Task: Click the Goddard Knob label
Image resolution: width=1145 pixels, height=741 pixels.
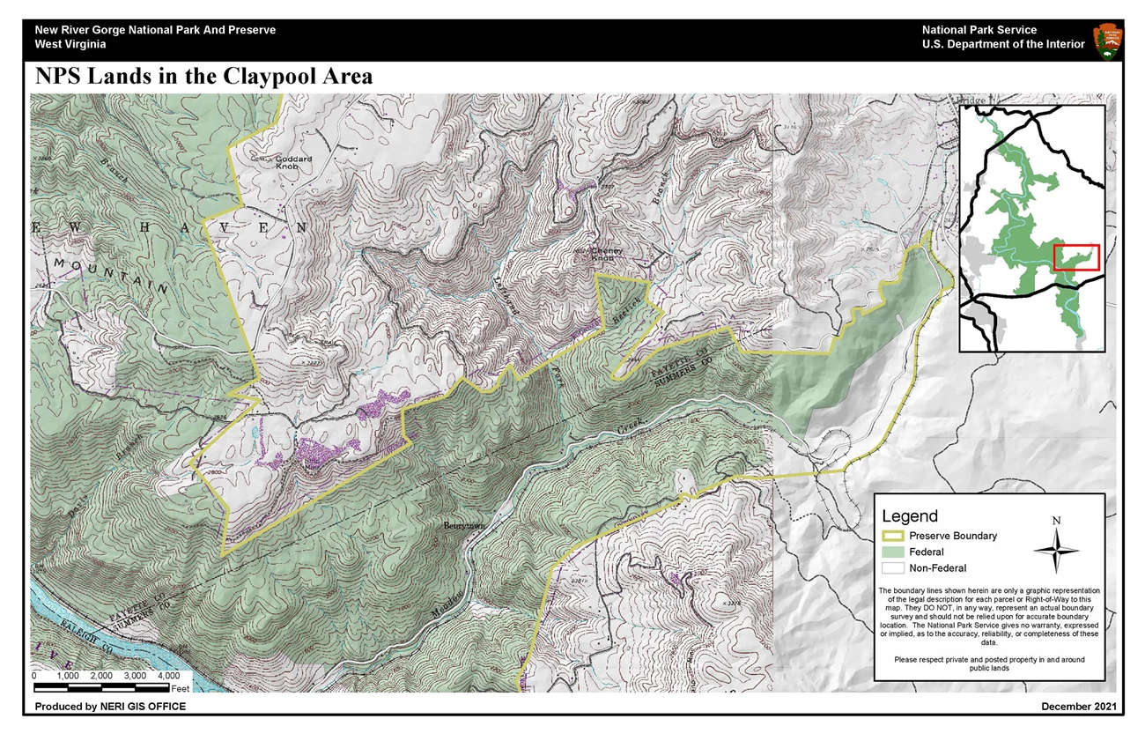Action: pos(269,162)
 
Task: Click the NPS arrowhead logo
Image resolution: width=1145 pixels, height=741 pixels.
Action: pos(1107,41)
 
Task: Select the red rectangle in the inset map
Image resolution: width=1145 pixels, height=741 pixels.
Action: pos(1076,257)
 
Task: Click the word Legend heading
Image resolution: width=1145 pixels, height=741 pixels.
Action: pos(910,516)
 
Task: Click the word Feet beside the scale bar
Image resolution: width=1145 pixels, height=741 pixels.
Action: pos(181,688)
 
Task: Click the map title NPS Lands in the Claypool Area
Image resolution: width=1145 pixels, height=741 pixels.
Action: pos(203,77)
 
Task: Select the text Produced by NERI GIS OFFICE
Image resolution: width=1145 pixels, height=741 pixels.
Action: pos(110,707)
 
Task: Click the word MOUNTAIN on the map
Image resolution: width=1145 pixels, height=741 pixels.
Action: pos(110,276)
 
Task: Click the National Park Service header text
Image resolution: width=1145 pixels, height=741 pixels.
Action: pos(979,30)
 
